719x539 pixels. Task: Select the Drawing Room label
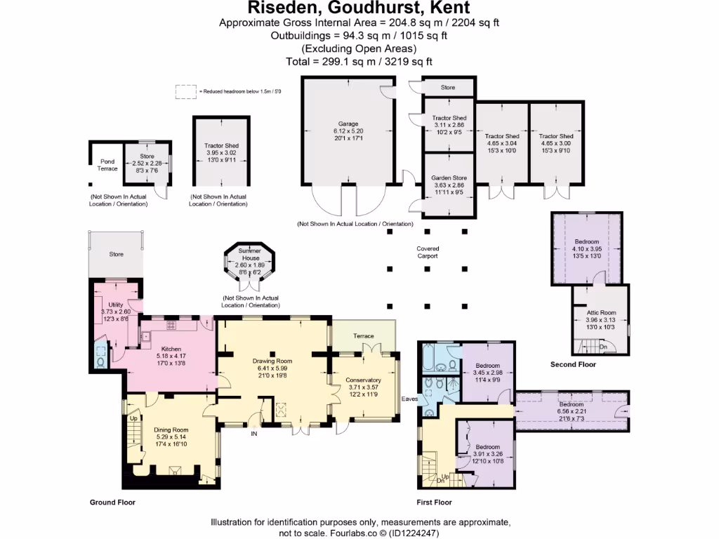click(272, 361)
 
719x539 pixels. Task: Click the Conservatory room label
click(363, 380)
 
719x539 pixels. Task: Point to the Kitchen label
click(171, 349)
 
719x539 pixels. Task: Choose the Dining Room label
click(171, 430)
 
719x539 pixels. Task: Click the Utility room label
click(116, 305)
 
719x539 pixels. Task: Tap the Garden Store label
click(449, 178)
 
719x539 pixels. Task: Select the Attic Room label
click(600, 312)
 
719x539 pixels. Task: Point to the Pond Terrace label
click(107, 165)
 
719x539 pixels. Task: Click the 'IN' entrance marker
click(254, 434)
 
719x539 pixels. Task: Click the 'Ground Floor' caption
click(112, 503)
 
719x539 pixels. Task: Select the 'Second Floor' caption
click(573, 365)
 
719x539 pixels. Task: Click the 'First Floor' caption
click(434, 503)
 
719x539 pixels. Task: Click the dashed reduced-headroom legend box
click(186, 91)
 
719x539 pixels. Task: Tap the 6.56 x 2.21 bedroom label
click(571, 405)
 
